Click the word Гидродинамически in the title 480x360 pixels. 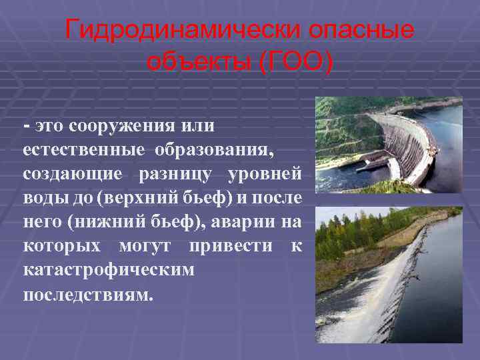pyautogui.click(x=176, y=30)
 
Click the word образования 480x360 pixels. pyautogui.click(x=214, y=149)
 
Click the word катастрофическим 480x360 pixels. pyautogui.click(x=109, y=270)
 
